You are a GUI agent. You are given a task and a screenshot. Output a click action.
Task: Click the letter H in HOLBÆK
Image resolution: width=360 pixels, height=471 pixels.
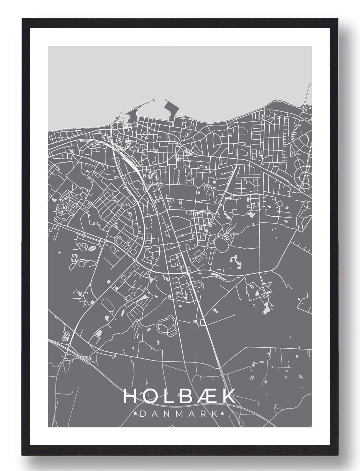click(129, 396)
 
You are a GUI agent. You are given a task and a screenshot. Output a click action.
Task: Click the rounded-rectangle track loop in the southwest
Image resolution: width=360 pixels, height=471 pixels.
click(107, 305)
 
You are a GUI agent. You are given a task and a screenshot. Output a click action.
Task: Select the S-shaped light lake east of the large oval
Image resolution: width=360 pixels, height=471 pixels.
click(235, 260)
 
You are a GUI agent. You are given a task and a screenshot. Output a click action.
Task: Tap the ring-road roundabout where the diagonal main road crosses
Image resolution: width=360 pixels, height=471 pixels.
click(188, 274)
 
